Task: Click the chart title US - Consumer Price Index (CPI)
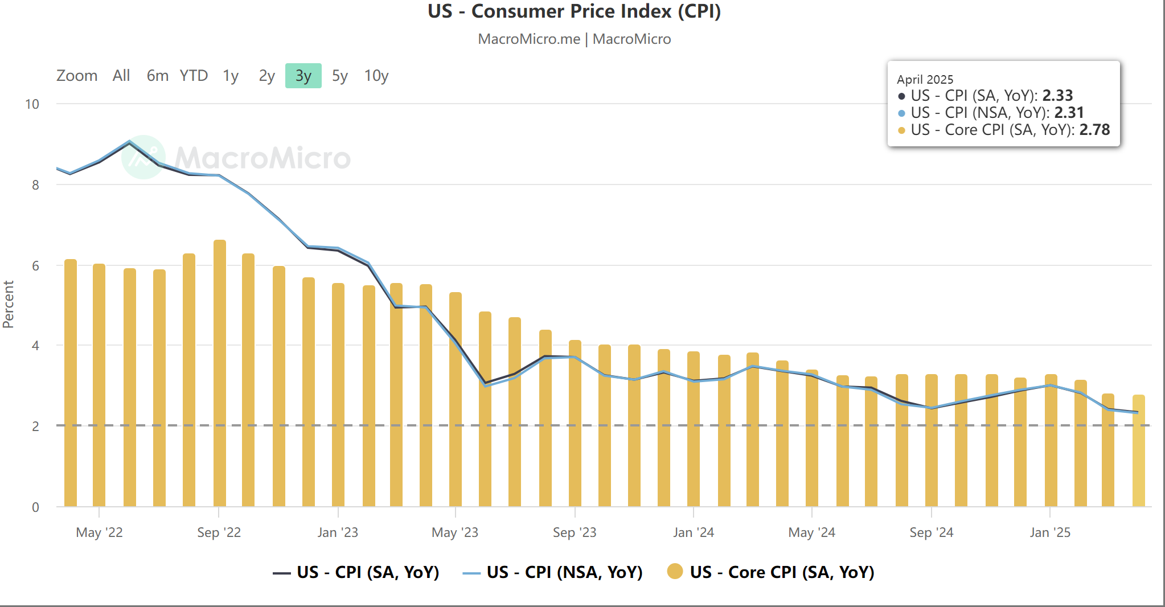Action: click(x=574, y=11)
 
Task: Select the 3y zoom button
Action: click(x=303, y=76)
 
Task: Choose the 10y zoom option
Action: click(x=376, y=76)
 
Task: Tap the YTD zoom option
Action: click(x=194, y=76)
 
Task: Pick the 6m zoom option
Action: click(x=157, y=76)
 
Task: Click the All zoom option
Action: click(x=121, y=76)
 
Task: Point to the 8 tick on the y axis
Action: click(x=35, y=185)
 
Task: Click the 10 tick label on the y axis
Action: click(x=32, y=104)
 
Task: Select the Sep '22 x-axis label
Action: click(x=219, y=532)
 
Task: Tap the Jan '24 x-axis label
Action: click(x=693, y=532)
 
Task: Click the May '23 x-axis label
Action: click(x=454, y=532)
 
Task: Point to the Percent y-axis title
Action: click(x=8, y=304)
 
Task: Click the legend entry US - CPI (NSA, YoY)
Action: click(x=564, y=572)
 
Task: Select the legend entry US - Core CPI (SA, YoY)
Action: click(x=781, y=572)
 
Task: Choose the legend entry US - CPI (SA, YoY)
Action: click(x=367, y=572)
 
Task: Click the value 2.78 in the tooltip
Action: click(x=1094, y=130)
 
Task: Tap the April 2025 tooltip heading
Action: click(x=925, y=80)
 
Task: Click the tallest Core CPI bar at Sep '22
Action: click(x=220, y=370)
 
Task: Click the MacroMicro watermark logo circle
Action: click(x=143, y=157)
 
